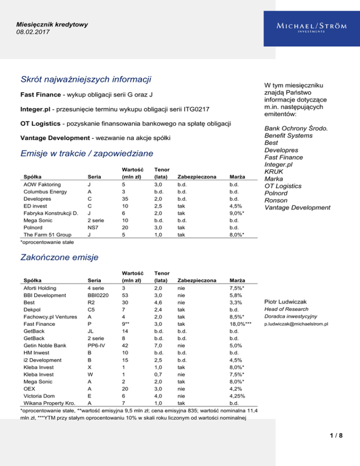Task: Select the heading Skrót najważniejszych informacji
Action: pyautogui.click(x=88, y=80)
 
